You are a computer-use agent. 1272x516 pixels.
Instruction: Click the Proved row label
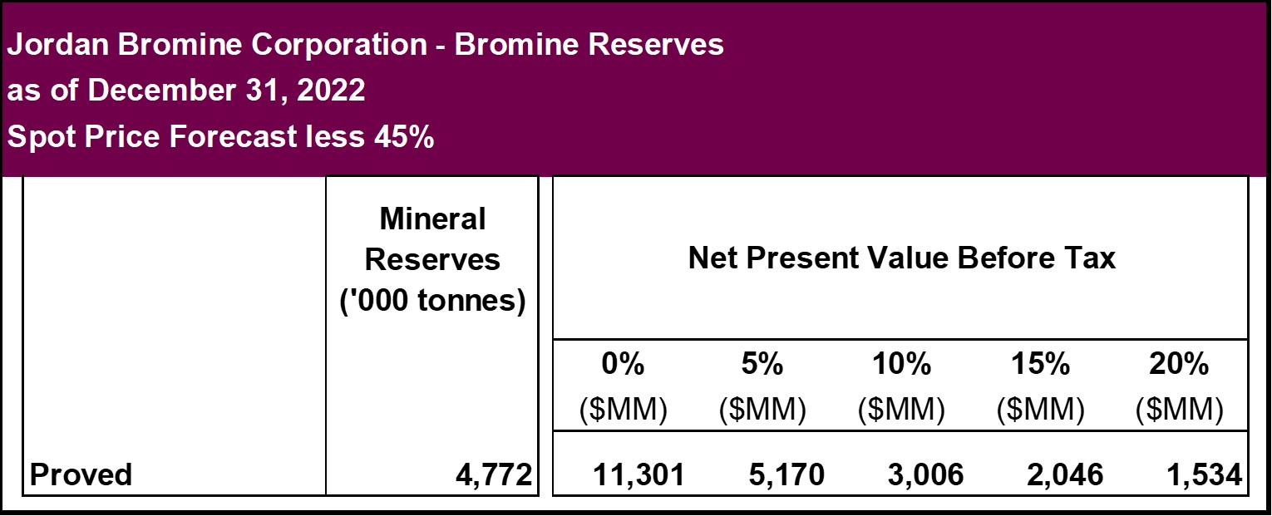(81, 474)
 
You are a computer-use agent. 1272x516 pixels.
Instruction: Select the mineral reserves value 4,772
(494, 474)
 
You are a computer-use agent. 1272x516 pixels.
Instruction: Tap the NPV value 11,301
(638, 474)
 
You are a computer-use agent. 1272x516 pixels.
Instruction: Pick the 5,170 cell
(786, 474)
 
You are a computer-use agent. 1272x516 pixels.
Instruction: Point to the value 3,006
(925, 474)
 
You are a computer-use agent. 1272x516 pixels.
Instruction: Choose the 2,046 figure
(1065, 474)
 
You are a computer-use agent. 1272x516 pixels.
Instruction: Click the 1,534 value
(1204, 474)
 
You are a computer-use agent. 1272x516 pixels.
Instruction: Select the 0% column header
(623, 363)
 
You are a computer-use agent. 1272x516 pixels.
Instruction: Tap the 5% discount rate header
(762, 363)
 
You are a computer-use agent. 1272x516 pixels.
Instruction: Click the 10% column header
(901, 363)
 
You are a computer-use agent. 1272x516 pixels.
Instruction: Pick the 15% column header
(1040, 363)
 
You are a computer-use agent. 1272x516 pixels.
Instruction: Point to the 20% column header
(1179, 363)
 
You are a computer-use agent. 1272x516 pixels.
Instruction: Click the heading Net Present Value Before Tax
(902, 258)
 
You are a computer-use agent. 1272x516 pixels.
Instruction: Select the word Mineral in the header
(432, 219)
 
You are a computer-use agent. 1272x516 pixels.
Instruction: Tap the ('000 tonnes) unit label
(432, 300)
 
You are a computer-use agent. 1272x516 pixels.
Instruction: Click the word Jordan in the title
(58, 44)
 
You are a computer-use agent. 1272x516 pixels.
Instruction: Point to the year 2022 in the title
(331, 91)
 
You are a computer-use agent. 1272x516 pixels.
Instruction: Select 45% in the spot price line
(404, 136)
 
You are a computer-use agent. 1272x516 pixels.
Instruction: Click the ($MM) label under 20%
(1180, 409)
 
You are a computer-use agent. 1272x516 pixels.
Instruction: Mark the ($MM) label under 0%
(623, 409)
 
